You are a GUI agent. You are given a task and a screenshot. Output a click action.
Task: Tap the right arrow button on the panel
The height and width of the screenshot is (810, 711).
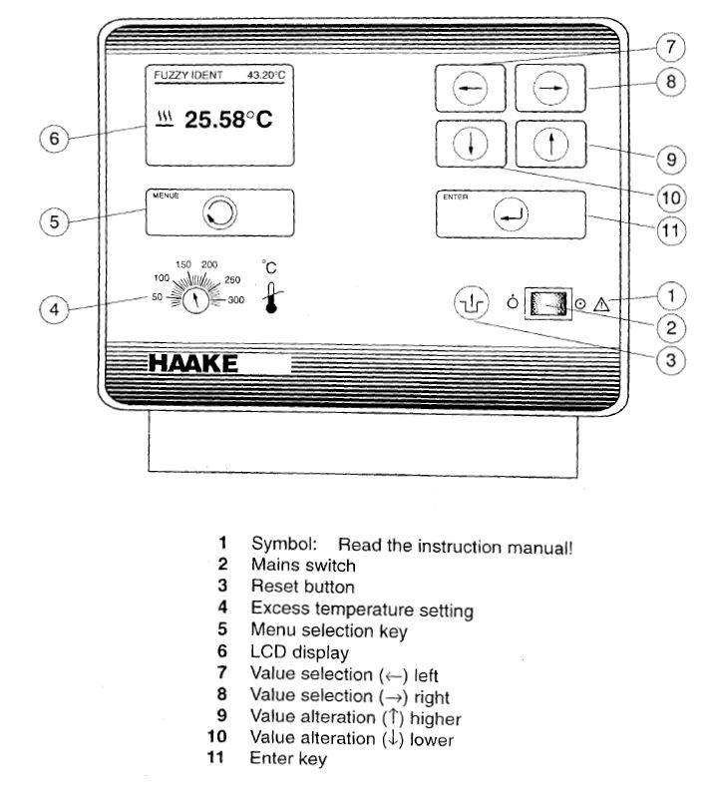click(x=548, y=89)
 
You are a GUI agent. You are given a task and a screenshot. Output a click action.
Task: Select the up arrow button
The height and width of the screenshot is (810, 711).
click(x=548, y=146)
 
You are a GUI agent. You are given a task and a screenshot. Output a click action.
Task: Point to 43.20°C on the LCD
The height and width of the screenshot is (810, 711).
click(x=265, y=75)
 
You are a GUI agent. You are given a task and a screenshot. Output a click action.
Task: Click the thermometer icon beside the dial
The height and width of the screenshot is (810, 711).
click(x=269, y=297)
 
